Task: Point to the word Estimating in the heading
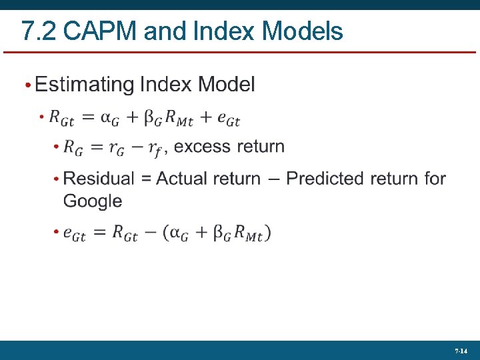point(84,85)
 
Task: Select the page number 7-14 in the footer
point(461,351)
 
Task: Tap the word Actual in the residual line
point(186,179)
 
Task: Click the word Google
point(93,201)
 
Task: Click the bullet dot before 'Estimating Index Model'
point(28,85)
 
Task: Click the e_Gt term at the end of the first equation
point(228,119)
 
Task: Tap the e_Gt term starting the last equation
point(74,233)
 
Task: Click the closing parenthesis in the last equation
point(267,233)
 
